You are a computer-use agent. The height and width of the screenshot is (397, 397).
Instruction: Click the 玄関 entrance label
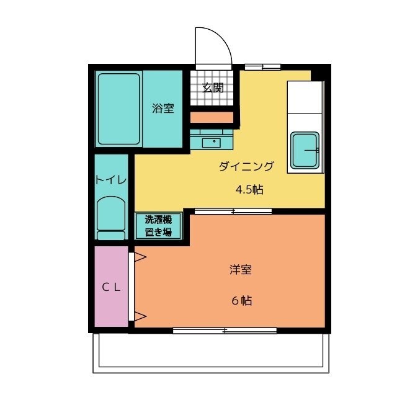pyautogui.click(x=213, y=88)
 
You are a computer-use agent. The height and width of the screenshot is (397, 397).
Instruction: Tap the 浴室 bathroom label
pyautogui.click(x=163, y=108)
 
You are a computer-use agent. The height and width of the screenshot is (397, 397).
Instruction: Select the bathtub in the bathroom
pyautogui.click(x=118, y=109)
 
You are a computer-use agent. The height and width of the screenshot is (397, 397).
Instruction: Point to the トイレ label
pyautogui.click(x=111, y=180)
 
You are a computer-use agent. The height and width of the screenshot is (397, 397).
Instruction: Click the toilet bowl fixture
pyautogui.click(x=111, y=218)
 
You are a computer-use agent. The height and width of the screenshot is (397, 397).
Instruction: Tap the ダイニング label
pyautogui.click(x=246, y=166)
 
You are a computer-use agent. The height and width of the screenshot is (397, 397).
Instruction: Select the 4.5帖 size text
pyautogui.click(x=249, y=189)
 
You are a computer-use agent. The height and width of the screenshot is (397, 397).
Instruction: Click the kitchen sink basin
pyautogui.click(x=305, y=150)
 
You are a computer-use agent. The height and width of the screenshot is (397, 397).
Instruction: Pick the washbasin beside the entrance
pyautogui.click(x=211, y=143)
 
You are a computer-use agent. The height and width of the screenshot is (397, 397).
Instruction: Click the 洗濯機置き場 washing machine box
pyautogui.click(x=159, y=226)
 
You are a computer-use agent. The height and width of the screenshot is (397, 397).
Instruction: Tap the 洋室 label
pyautogui.click(x=241, y=270)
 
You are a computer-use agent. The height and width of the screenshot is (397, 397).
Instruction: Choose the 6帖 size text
pyautogui.click(x=242, y=300)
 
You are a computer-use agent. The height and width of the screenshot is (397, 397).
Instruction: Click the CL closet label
pyautogui.click(x=111, y=287)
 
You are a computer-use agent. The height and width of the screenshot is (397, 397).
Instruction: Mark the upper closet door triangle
pyautogui.click(x=140, y=257)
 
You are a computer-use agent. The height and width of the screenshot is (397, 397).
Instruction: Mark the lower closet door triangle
pyautogui.click(x=140, y=316)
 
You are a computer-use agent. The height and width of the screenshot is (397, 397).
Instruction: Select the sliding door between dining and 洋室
pyautogui.click(x=233, y=211)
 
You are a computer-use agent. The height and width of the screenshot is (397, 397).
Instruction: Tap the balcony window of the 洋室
pyautogui.click(x=225, y=331)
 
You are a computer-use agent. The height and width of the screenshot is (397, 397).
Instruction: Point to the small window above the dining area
pyautogui.click(x=262, y=67)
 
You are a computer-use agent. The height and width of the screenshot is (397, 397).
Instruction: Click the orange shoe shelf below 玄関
pyautogui.click(x=212, y=118)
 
